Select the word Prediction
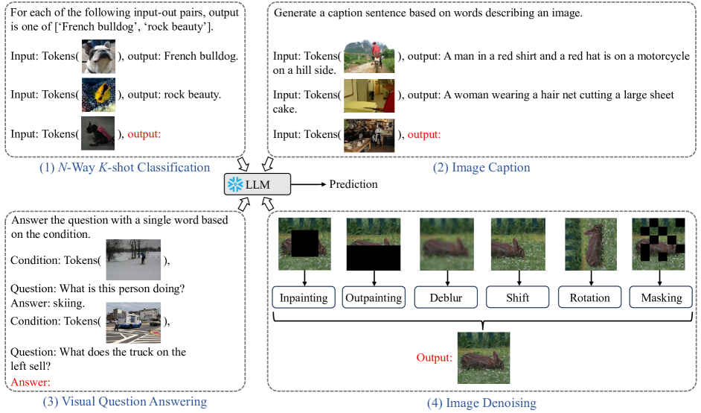pos(353,184)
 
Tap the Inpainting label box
pos(303,297)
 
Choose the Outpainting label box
pos(374,297)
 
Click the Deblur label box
pos(445,297)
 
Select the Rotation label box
pos(589,297)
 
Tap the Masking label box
pos(661,297)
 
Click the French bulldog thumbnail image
pos(97,56)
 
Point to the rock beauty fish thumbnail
pos(97,95)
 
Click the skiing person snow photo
pos(133,259)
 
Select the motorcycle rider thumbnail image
pos(369,56)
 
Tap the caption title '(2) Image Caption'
pos(481,168)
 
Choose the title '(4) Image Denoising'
pos(481,403)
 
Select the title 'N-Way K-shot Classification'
pos(124,167)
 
